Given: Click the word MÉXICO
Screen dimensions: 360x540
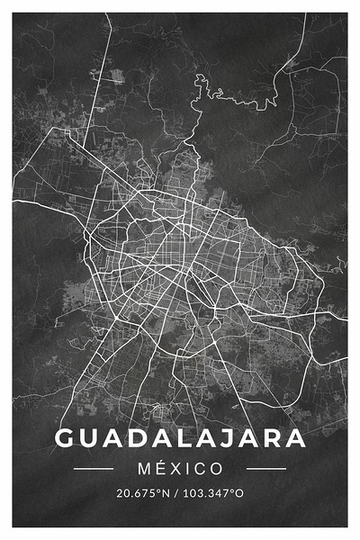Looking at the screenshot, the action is point(180,469).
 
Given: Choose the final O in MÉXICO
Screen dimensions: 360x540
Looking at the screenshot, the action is point(216,469).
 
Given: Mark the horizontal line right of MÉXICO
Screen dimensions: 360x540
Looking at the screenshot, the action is point(265,469).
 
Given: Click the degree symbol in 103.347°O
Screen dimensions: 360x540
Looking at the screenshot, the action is point(232,490).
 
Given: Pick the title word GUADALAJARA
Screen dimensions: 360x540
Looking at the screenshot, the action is point(180,438).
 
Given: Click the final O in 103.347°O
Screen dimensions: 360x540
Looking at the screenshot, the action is point(238,493).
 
